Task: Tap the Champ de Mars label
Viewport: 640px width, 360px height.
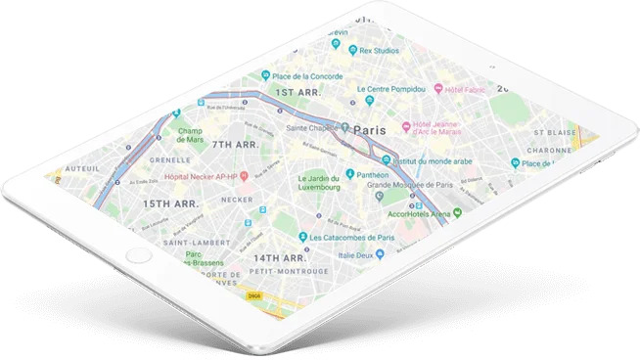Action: tap(190, 134)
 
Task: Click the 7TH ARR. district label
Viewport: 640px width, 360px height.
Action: tap(236, 145)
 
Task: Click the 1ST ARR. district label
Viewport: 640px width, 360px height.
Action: tap(297, 93)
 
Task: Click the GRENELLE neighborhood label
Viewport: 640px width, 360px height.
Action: tap(171, 158)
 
